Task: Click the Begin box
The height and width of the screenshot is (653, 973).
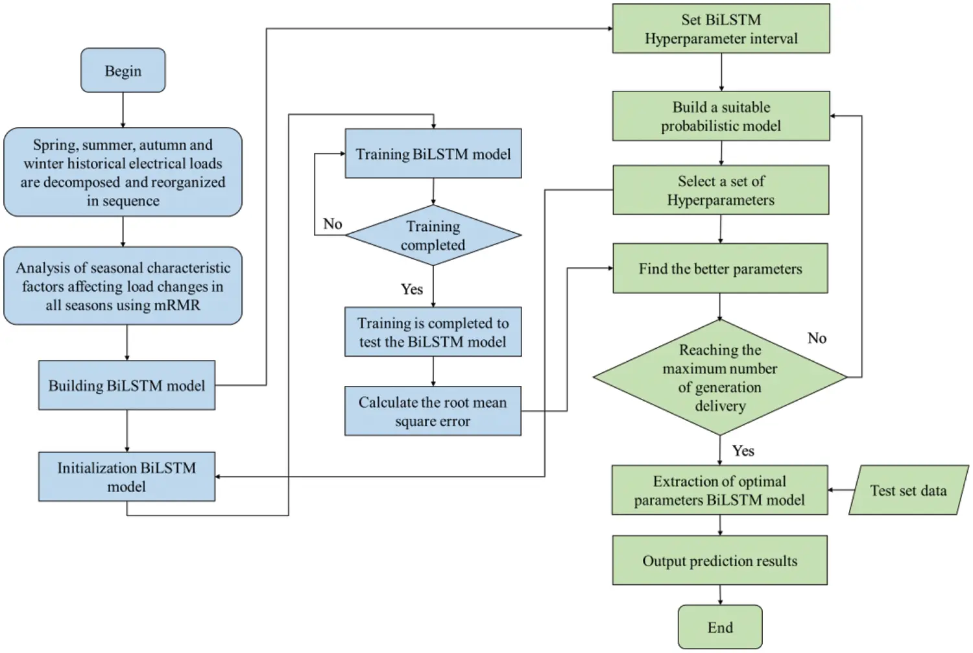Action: tap(123, 70)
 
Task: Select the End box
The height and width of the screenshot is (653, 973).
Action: tap(720, 626)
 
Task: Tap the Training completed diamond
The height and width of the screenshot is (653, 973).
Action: tap(433, 235)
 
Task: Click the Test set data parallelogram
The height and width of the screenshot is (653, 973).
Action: tap(908, 490)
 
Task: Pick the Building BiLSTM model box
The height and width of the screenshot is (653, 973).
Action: tap(126, 385)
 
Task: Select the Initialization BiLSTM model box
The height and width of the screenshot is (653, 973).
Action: tap(126, 477)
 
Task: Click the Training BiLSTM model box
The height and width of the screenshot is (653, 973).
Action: tap(433, 154)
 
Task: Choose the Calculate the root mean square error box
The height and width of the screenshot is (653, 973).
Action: tap(433, 411)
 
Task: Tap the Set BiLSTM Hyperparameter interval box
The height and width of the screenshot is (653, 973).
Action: tap(721, 29)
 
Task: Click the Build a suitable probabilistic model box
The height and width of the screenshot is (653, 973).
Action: tap(721, 116)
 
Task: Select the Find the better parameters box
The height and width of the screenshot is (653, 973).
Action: tap(720, 268)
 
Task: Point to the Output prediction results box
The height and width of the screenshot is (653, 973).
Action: tap(719, 560)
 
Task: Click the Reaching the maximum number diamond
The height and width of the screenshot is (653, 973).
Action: tap(720, 377)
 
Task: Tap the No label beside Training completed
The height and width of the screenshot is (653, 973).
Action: tap(332, 224)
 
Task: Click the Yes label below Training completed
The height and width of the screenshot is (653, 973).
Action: tap(411, 289)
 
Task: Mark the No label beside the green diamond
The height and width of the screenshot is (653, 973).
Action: tap(817, 338)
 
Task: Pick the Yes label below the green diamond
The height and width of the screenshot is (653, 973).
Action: tap(743, 451)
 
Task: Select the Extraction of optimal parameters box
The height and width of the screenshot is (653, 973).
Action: tap(719, 490)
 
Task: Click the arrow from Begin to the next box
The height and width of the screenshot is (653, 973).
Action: tap(123, 110)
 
